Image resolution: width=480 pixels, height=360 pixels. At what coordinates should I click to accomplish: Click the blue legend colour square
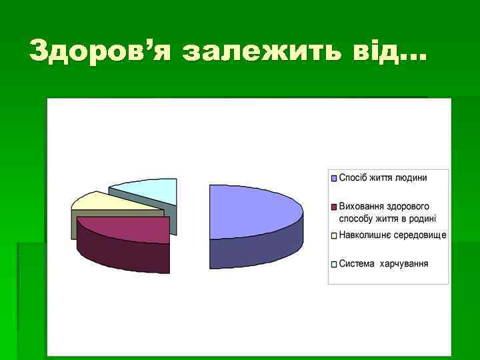[x=334, y=178]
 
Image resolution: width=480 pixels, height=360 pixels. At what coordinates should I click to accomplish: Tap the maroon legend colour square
[x=334, y=206]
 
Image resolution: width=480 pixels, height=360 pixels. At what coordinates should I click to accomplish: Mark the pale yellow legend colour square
[x=334, y=235]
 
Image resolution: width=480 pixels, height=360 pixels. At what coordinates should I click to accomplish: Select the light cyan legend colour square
[x=334, y=264]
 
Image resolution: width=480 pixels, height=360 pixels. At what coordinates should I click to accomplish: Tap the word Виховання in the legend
[x=361, y=206]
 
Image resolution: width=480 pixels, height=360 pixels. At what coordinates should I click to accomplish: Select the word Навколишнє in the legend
[x=365, y=235]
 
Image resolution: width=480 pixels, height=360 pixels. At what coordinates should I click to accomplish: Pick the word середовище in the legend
[x=419, y=235]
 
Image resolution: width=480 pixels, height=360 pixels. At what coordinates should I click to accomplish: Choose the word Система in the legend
[x=357, y=263]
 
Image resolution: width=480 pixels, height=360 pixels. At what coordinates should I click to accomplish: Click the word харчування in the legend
[x=404, y=263]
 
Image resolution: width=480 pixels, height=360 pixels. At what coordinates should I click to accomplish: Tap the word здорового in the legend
[x=407, y=206]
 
